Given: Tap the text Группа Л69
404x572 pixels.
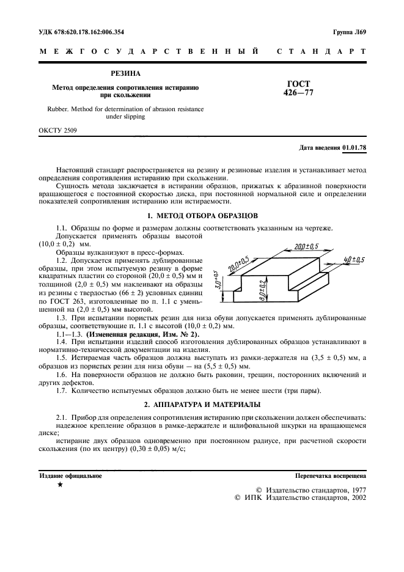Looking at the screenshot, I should pos(349,32).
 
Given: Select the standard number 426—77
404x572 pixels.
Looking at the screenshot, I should pos(298,93).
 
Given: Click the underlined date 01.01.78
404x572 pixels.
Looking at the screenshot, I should pos(354,148).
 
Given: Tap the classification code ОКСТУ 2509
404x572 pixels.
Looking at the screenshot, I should pos(59,130).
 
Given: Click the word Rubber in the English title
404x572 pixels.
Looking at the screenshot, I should pos(51,109).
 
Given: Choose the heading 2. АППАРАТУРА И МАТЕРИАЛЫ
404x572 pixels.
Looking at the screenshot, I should pos(202,405).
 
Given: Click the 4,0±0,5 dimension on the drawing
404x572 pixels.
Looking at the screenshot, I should pos(354,261).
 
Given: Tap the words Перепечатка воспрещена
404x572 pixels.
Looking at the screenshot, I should pos(330,475).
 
